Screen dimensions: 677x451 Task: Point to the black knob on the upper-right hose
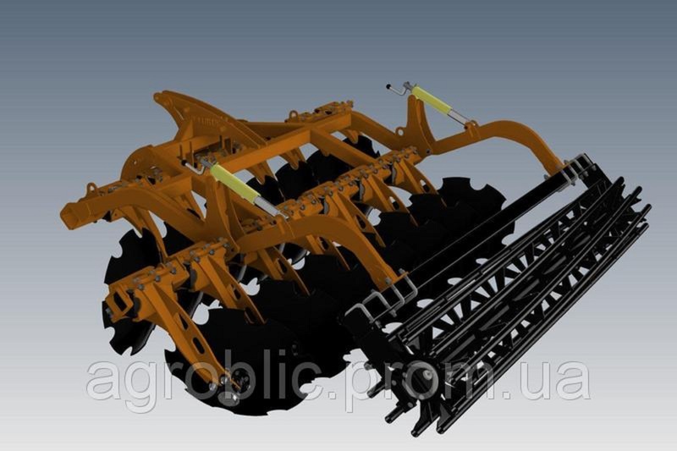tap(388, 86)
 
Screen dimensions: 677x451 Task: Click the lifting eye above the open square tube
tap(91, 189)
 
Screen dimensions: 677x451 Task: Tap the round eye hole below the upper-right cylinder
tap(399, 130)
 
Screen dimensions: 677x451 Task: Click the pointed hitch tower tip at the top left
tap(157, 96)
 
